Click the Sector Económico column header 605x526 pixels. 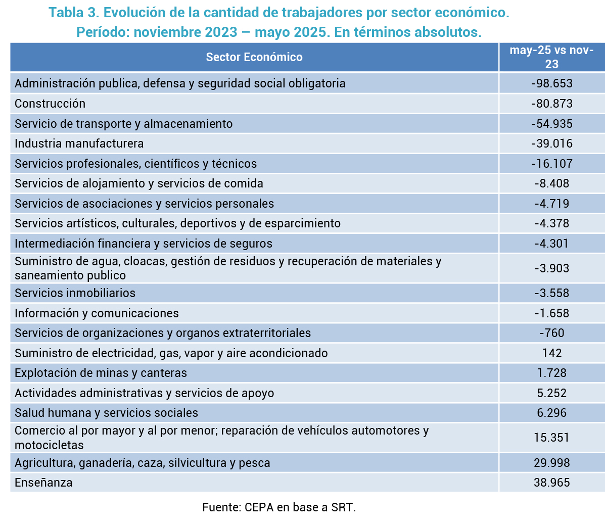pyautogui.click(x=254, y=57)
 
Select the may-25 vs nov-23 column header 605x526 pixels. pyautogui.click(x=551, y=57)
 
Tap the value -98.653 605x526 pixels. pyautogui.click(x=552, y=83)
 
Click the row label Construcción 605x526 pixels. pyautogui.click(x=50, y=104)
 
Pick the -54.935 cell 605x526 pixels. pyautogui.click(x=552, y=124)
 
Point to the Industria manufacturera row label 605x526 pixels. pyautogui.click(x=79, y=144)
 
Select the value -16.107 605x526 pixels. pyautogui.click(x=552, y=164)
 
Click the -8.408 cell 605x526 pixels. pyautogui.click(x=552, y=183)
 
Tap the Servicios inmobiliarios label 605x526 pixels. pyautogui.click(x=75, y=293)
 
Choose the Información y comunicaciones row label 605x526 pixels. pyautogui.click(x=97, y=313)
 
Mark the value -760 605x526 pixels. pyautogui.click(x=552, y=333)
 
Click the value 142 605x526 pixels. pyautogui.click(x=552, y=353)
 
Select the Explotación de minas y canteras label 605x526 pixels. pyautogui.click(x=101, y=373)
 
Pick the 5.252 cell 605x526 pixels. pyautogui.click(x=552, y=393)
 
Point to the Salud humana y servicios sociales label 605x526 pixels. pyautogui.click(x=106, y=413)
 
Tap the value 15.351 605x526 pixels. pyautogui.click(x=552, y=437)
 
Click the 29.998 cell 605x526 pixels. pyautogui.click(x=552, y=463)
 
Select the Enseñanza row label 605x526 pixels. pyautogui.click(x=43, y=483)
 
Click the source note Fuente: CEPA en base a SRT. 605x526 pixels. pyautogui.click(x=279, y=507)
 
